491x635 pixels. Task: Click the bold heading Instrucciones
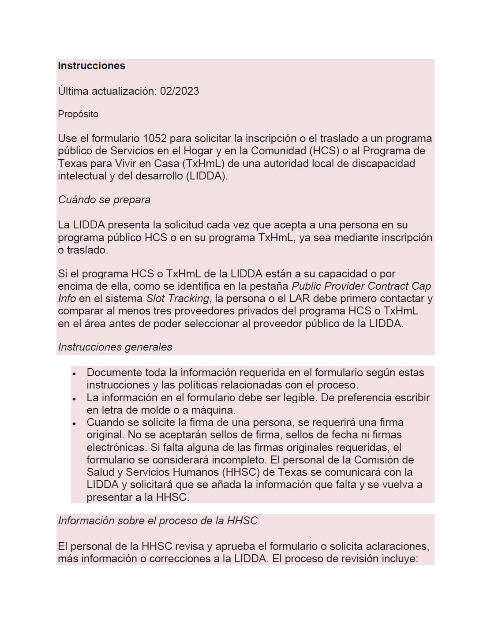point(91,66)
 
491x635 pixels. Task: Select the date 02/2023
point(179,91)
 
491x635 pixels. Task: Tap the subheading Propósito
point(78,114)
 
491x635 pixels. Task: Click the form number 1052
point(154,138)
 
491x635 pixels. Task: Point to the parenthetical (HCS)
point(324,151)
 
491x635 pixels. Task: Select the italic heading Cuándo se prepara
point(104,200)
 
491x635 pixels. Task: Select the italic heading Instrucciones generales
point(115,347)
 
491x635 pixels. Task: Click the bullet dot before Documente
point(74,374)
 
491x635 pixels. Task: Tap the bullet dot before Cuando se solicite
point(74,423)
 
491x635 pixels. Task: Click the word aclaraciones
point(400,546)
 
